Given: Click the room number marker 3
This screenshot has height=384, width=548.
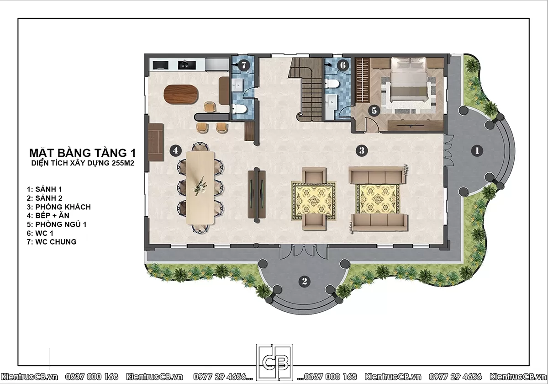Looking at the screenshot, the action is pyautogui.click(x=362, y=150).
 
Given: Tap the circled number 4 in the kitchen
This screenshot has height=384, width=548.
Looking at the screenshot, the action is pyautogui.click(x=176, y=150).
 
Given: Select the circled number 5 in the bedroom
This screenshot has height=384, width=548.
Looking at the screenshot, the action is pyautogui.click(x=374, y=111).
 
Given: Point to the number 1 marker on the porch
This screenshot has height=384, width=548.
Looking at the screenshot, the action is pyautogui.click(x=477, y=150).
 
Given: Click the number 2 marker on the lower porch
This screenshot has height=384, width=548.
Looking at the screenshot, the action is pyautogui.click(x=305, y=281).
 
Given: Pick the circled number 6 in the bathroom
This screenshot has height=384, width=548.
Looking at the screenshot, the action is pyautogui.click(x=343, y=65).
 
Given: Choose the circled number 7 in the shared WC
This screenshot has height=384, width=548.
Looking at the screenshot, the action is pyautogui.click(x=244, y=65).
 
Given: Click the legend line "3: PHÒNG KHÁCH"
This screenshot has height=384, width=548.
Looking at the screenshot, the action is pyautogui.click(x=59, y=207).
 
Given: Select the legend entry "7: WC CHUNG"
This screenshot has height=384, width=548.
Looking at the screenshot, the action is pyautogui.click(x=52, y=242).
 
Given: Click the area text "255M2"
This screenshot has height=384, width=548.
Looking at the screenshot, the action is pyautogui.click(x=123, y=163).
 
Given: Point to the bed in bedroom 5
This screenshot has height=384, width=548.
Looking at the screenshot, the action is pyautogui.click(x=409, y=80).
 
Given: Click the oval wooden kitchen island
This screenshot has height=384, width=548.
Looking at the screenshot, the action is pyautogui.click(x=181, y=94).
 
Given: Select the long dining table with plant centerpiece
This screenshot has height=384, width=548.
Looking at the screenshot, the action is pyautogui.click(x=200, y=188).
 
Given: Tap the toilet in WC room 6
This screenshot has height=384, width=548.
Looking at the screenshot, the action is pyautogui.click(x=332, y=83).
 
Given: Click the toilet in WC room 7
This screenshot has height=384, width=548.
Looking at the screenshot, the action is pyautogui.click(x=239, y=109).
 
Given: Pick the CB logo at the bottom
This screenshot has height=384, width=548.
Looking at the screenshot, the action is pyautogui.click(x=274, y=363).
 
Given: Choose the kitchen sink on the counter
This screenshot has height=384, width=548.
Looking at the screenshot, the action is pyautogui.click(x=187, y=65).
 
